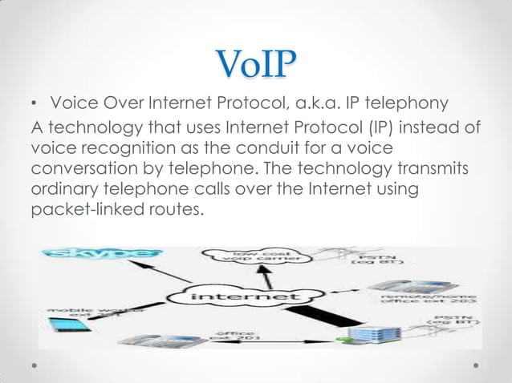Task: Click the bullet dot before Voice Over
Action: coord(35,105)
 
